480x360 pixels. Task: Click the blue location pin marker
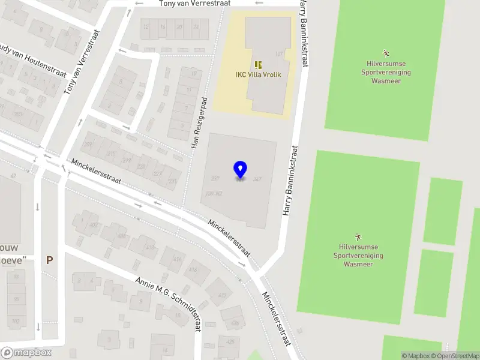[241, 169]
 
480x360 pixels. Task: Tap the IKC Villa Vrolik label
[258, 75]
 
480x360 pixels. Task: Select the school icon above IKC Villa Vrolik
[258, 65]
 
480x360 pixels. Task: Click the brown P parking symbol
[50, 260]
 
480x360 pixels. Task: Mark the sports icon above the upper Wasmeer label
[385, 53]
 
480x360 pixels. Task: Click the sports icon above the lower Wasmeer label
[359, 236]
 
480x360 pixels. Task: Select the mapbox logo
[26, 353]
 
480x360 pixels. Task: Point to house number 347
[257, 179]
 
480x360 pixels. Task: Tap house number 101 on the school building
[278, 54]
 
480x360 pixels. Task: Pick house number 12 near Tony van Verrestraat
[146, 26]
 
